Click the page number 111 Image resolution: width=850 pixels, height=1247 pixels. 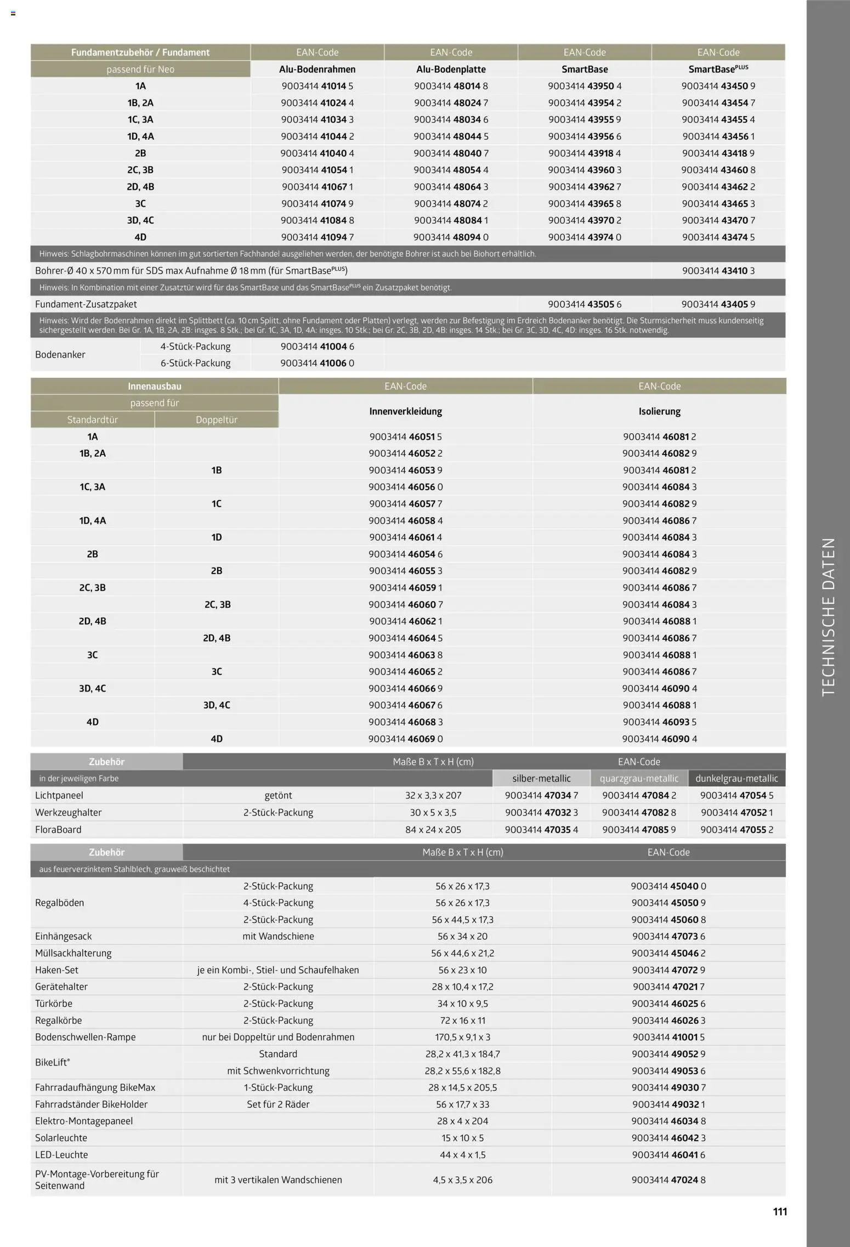[780, 1211]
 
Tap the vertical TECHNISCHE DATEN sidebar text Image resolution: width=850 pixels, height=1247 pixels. [828, 616]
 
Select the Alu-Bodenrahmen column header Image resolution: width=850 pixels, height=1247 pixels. [317, 69]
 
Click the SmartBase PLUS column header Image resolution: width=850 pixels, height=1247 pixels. [718, 69]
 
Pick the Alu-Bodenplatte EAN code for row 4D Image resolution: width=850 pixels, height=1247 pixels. [451, 237]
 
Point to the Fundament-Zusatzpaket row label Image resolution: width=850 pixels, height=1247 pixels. [86, 304]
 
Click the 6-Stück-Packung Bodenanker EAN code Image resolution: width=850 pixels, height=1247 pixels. [317, 363]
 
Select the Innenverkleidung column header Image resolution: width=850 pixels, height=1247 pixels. [405, 411]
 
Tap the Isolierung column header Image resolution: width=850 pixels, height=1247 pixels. [659, 411]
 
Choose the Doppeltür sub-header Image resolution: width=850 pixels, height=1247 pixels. [216, 420]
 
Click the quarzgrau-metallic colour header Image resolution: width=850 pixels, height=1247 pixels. [639, 778]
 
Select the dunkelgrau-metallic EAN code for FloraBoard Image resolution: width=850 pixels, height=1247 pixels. [736, 830]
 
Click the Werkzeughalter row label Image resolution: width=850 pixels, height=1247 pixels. [68, 812]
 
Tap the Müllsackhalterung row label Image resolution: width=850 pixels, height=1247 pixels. [73, 953]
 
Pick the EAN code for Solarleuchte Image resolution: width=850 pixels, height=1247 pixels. [668, 1138]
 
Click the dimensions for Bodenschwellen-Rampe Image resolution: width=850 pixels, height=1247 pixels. [462, 1037]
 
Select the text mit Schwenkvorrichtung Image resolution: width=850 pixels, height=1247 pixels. [278, 1070]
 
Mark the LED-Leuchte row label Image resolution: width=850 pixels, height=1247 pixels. [61, 1154]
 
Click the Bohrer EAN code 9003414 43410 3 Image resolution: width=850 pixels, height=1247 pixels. [718, 270]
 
